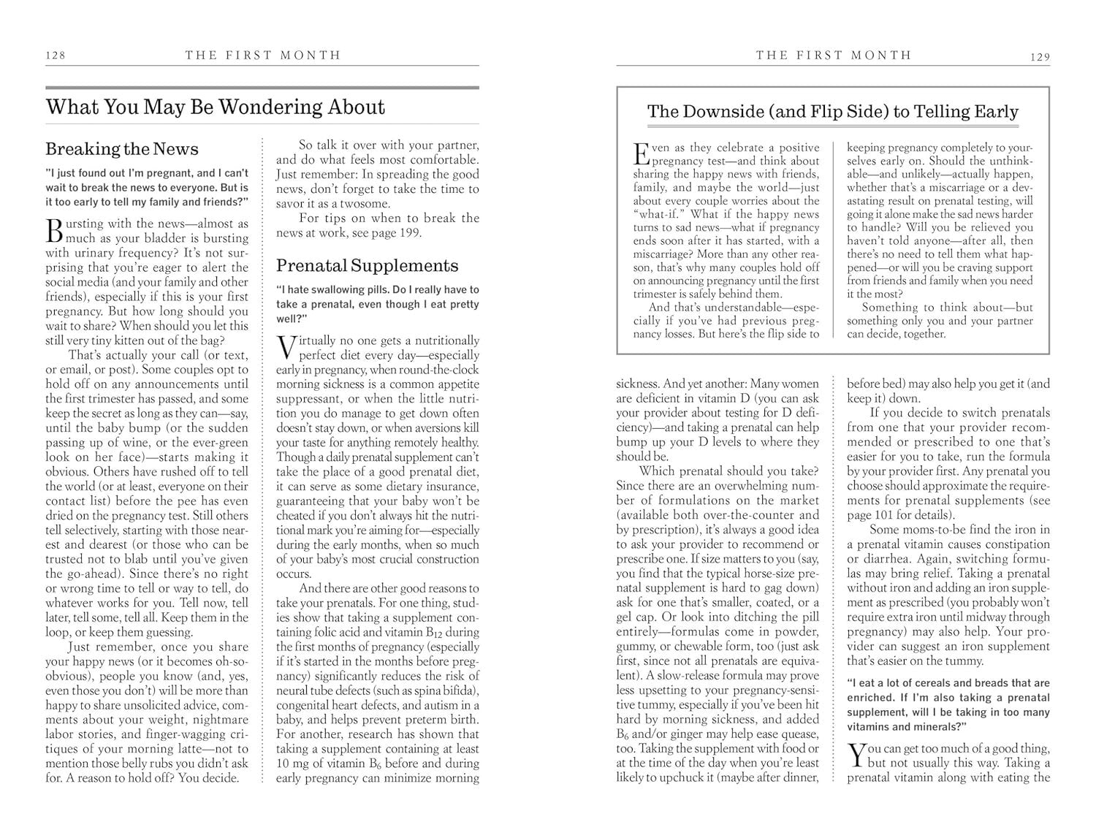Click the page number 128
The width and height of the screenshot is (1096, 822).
point(56,56)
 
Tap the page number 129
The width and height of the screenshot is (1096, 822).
point(1040,57)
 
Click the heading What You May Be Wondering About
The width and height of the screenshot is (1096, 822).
point(215,107)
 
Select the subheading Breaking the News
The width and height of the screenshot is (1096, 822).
point(122,149)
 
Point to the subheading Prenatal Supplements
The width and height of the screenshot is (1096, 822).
point(367,265)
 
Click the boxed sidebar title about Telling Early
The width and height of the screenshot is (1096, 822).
point(833,112)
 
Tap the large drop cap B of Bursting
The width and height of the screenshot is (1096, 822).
point(54,230)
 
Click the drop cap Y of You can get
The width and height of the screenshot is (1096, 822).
point(856,756)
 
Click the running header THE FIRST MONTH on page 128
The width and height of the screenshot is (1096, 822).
point(263,55)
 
